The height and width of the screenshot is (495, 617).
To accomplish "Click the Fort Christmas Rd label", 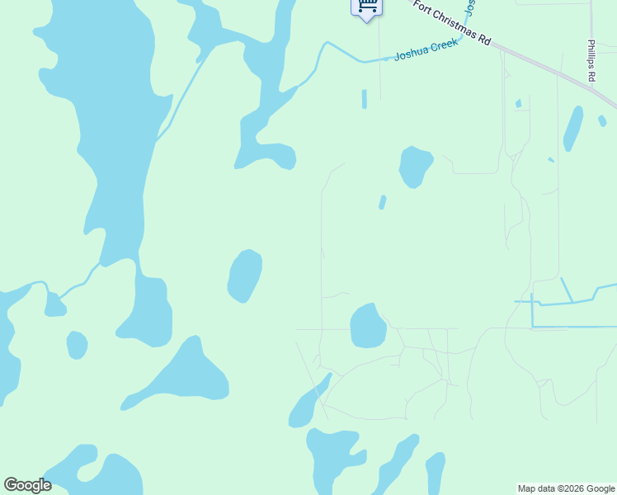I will click(452, 23).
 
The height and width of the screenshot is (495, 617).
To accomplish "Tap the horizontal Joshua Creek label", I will click(426, 50).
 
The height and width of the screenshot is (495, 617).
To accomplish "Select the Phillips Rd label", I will click(591, 60).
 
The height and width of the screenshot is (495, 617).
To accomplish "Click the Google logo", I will click(27, 485).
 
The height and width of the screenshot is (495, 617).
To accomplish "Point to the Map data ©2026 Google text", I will click(566, 488).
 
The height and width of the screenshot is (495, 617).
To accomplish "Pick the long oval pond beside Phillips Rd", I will click(572, 129).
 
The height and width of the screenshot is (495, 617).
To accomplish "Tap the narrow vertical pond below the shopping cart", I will click(364, 99).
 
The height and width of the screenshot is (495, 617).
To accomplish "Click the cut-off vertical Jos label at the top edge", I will click(470, 7).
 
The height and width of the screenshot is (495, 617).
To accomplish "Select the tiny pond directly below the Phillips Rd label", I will click(602, 120).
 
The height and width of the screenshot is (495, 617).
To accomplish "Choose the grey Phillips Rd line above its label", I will click(591, 21).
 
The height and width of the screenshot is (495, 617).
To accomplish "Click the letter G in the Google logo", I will click(11, 485).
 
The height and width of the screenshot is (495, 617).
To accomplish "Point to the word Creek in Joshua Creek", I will click(444, 46).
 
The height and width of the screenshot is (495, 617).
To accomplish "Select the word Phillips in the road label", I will click(591, 54).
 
